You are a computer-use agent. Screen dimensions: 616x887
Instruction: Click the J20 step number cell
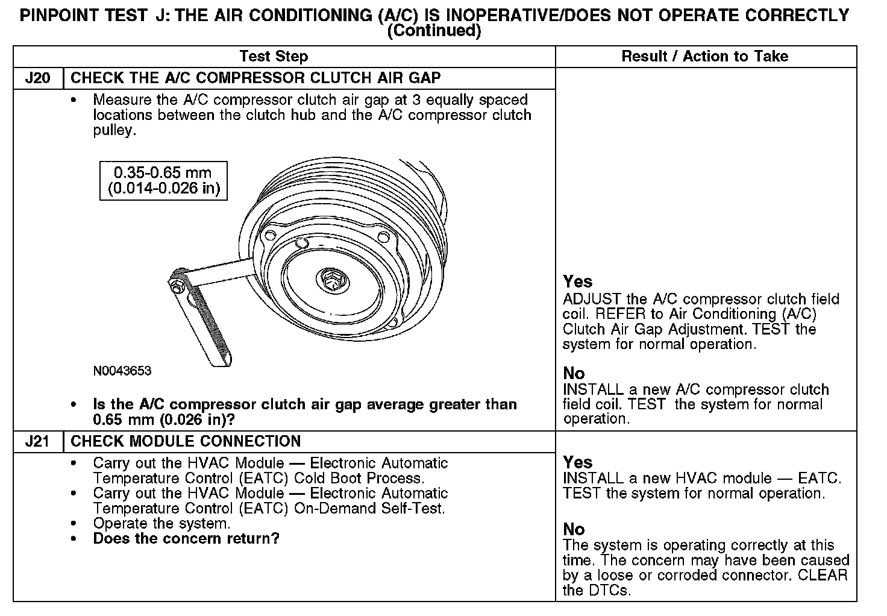click(37, 78)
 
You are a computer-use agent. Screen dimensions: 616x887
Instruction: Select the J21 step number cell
click(37, 442)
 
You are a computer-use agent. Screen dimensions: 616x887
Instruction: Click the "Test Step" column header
click(274, 57)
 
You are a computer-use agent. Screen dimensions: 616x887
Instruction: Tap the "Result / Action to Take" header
click(704, 57)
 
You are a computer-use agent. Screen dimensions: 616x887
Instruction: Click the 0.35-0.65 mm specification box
click(163, 180)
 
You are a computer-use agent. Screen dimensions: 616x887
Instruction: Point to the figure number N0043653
click(122, 371)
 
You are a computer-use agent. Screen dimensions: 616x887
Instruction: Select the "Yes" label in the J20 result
click(577, 281)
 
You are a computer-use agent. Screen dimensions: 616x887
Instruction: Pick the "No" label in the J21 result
click(574, 529)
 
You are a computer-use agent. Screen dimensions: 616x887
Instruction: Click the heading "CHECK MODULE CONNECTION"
click(186, 442)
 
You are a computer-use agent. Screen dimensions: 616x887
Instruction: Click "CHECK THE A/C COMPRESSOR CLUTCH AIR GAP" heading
click(255, 78)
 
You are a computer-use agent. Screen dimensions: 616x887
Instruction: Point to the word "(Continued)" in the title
click(434, 31)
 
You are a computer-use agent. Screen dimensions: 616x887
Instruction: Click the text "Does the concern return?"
click(186, 539)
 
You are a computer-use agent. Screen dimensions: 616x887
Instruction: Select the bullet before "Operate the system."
click(74, 524)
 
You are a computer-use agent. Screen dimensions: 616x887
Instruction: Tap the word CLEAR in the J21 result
click(823, 576)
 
